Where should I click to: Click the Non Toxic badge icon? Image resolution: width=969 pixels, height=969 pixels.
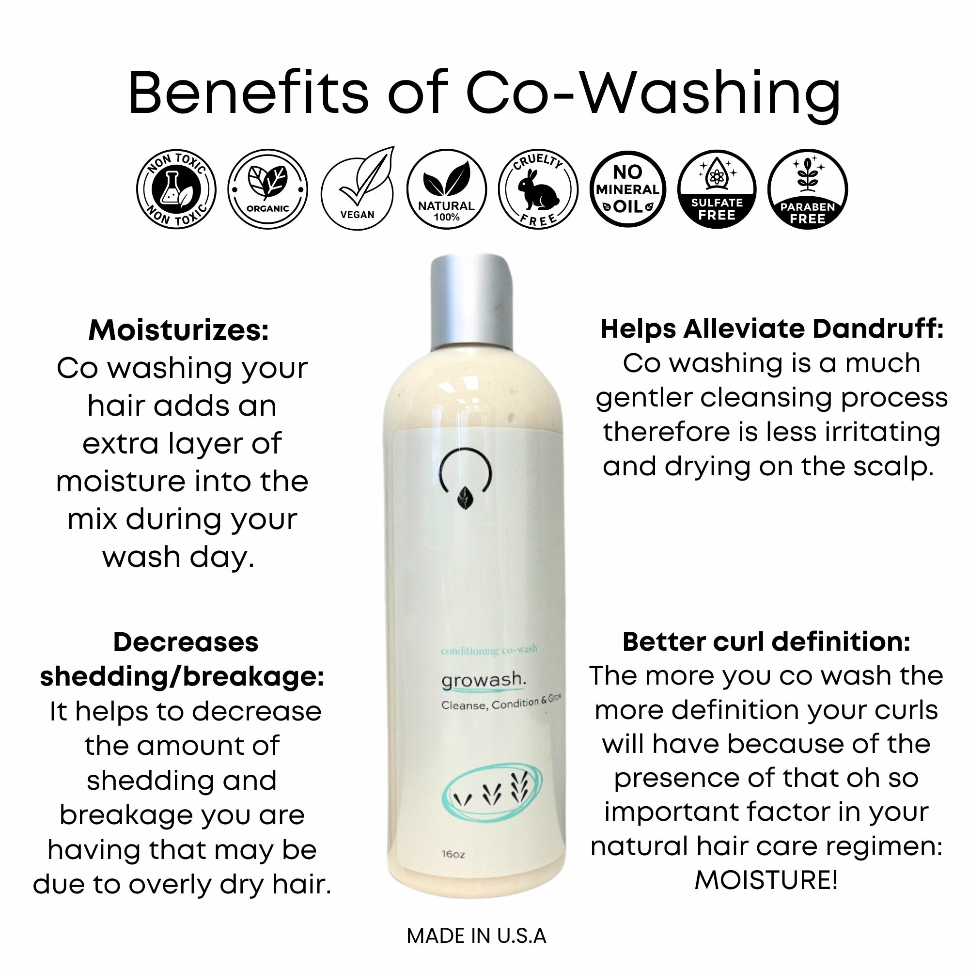click(x=176, y=189)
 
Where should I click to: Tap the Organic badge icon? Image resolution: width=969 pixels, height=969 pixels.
click(x=267, y=189)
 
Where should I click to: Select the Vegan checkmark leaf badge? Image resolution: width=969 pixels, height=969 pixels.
click(x=358, y=189)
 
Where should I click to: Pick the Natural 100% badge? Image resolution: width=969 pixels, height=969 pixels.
click(x=446, y=189)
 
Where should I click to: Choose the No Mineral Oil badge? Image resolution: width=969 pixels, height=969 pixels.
click(x=627, y=189)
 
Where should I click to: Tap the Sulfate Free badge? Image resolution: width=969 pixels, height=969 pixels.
click(x=717, y=189)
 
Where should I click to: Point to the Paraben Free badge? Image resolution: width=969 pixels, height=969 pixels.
click(x=808, y=189)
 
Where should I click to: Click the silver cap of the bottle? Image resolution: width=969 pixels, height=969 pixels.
click(x=472, y=301)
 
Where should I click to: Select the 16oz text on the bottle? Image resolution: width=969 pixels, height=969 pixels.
click(x=453, y=854)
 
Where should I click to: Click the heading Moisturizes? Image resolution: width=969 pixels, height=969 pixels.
click(x=179, y=330)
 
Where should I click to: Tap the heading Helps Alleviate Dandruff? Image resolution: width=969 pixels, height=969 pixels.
click(x=772, y=329)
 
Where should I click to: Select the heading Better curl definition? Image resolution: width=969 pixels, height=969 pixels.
click(x=766, y=641)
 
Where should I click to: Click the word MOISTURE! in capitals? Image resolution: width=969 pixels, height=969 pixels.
click(x=766, y=880)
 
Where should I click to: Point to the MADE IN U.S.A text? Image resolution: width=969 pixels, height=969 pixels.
click(x=476, y=937)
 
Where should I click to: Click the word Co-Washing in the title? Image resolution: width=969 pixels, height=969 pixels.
click(x=654, y=94)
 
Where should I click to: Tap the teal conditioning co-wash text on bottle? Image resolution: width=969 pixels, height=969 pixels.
click(x=489, y=651)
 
